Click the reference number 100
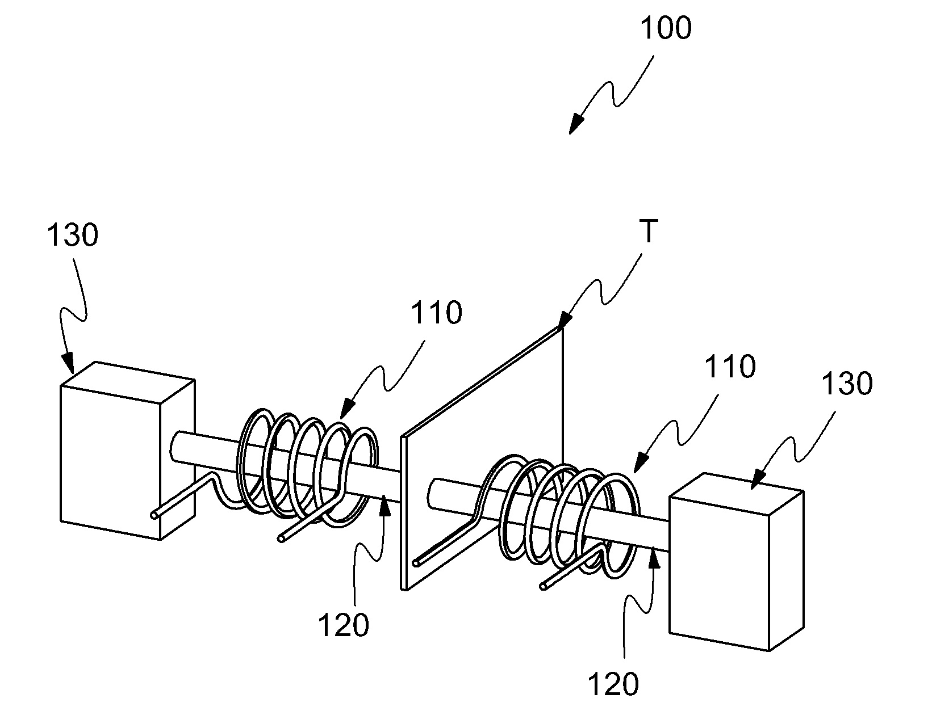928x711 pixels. [666, 28]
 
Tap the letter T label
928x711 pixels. [649, 231]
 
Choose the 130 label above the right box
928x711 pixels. [847, 383]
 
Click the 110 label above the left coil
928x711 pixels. [436, 313]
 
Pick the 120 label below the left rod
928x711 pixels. [344, 625]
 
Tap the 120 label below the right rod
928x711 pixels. [614, 684]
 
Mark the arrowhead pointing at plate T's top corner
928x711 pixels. [566, 320]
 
